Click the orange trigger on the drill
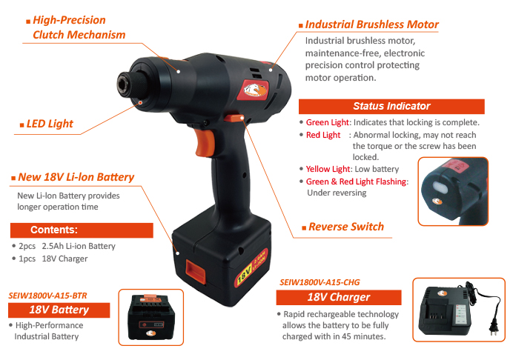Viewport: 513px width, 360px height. coord(205,142)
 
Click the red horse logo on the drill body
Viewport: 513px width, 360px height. coord(256,90)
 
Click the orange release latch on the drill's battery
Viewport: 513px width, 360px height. coord(195,271)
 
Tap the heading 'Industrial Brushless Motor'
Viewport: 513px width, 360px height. coord(371,24)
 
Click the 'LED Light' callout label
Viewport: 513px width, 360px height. coord(50,124)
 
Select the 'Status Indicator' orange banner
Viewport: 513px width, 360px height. coord(391,106)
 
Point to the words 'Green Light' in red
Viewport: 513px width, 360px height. coord(327,122)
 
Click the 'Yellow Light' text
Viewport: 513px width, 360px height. coord(328,169)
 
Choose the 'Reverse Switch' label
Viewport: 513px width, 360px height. coord(346,227)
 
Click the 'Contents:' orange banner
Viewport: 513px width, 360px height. coord(82,230)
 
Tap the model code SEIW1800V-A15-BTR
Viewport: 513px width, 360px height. coord(47,296)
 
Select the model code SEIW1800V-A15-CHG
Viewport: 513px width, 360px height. coord(320,282)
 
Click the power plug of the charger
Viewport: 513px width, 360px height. coord(494,327)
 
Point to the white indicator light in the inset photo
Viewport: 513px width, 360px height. coord(440,187)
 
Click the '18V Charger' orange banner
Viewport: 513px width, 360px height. coord(339,297)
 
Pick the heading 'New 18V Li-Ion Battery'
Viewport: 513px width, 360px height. coord(76,177)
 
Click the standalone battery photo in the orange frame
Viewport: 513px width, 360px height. coord(150,317)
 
